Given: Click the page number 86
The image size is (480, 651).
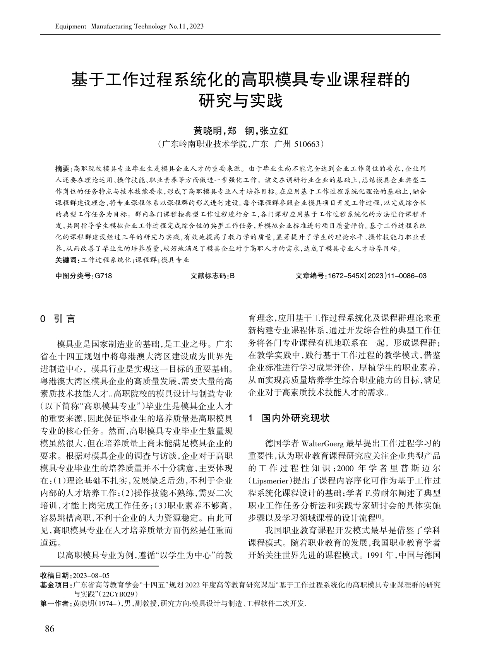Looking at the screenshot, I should (x=50, y=629).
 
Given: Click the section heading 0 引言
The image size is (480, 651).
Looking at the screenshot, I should (x=58, y=319).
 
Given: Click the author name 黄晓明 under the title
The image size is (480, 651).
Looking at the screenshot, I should (x=207, y=131).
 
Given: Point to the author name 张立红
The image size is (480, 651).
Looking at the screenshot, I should (x=274, y=131).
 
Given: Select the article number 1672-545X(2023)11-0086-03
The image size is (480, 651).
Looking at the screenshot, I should (x=377, y=276).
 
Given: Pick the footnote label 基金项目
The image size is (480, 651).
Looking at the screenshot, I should (x=55, y=584).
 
